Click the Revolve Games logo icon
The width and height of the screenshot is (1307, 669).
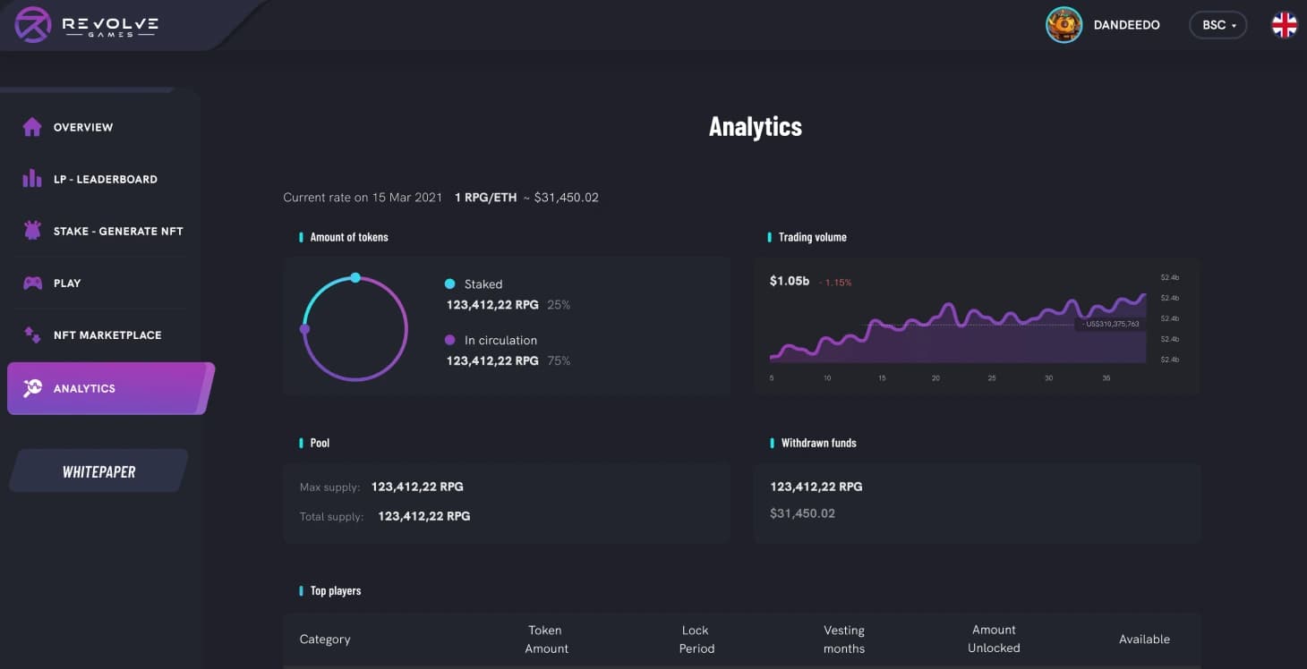33,24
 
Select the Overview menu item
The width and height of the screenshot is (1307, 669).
82,127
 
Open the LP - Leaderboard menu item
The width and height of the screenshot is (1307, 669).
105,179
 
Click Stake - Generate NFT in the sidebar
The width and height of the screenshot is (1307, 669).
117,231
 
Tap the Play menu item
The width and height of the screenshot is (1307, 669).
66,283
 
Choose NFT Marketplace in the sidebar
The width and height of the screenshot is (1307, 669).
107,334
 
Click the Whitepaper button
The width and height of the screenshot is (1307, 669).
98,471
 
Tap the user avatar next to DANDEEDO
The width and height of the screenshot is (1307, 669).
1064,25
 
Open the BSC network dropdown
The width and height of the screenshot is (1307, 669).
1217,25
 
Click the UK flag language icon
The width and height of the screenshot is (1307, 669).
1285,25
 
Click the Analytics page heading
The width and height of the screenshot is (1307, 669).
755,126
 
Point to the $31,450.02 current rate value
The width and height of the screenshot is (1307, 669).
566,197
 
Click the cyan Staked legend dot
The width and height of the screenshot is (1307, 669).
449,284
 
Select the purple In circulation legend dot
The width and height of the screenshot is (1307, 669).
449,340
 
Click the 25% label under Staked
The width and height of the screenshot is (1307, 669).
559,305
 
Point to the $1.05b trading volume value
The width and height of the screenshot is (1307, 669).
789,281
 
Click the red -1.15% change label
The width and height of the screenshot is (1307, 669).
836,283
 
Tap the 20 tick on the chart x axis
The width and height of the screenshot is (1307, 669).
935,378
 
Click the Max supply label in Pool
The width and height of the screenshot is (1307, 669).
329,487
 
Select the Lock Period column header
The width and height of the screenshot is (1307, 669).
696,639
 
